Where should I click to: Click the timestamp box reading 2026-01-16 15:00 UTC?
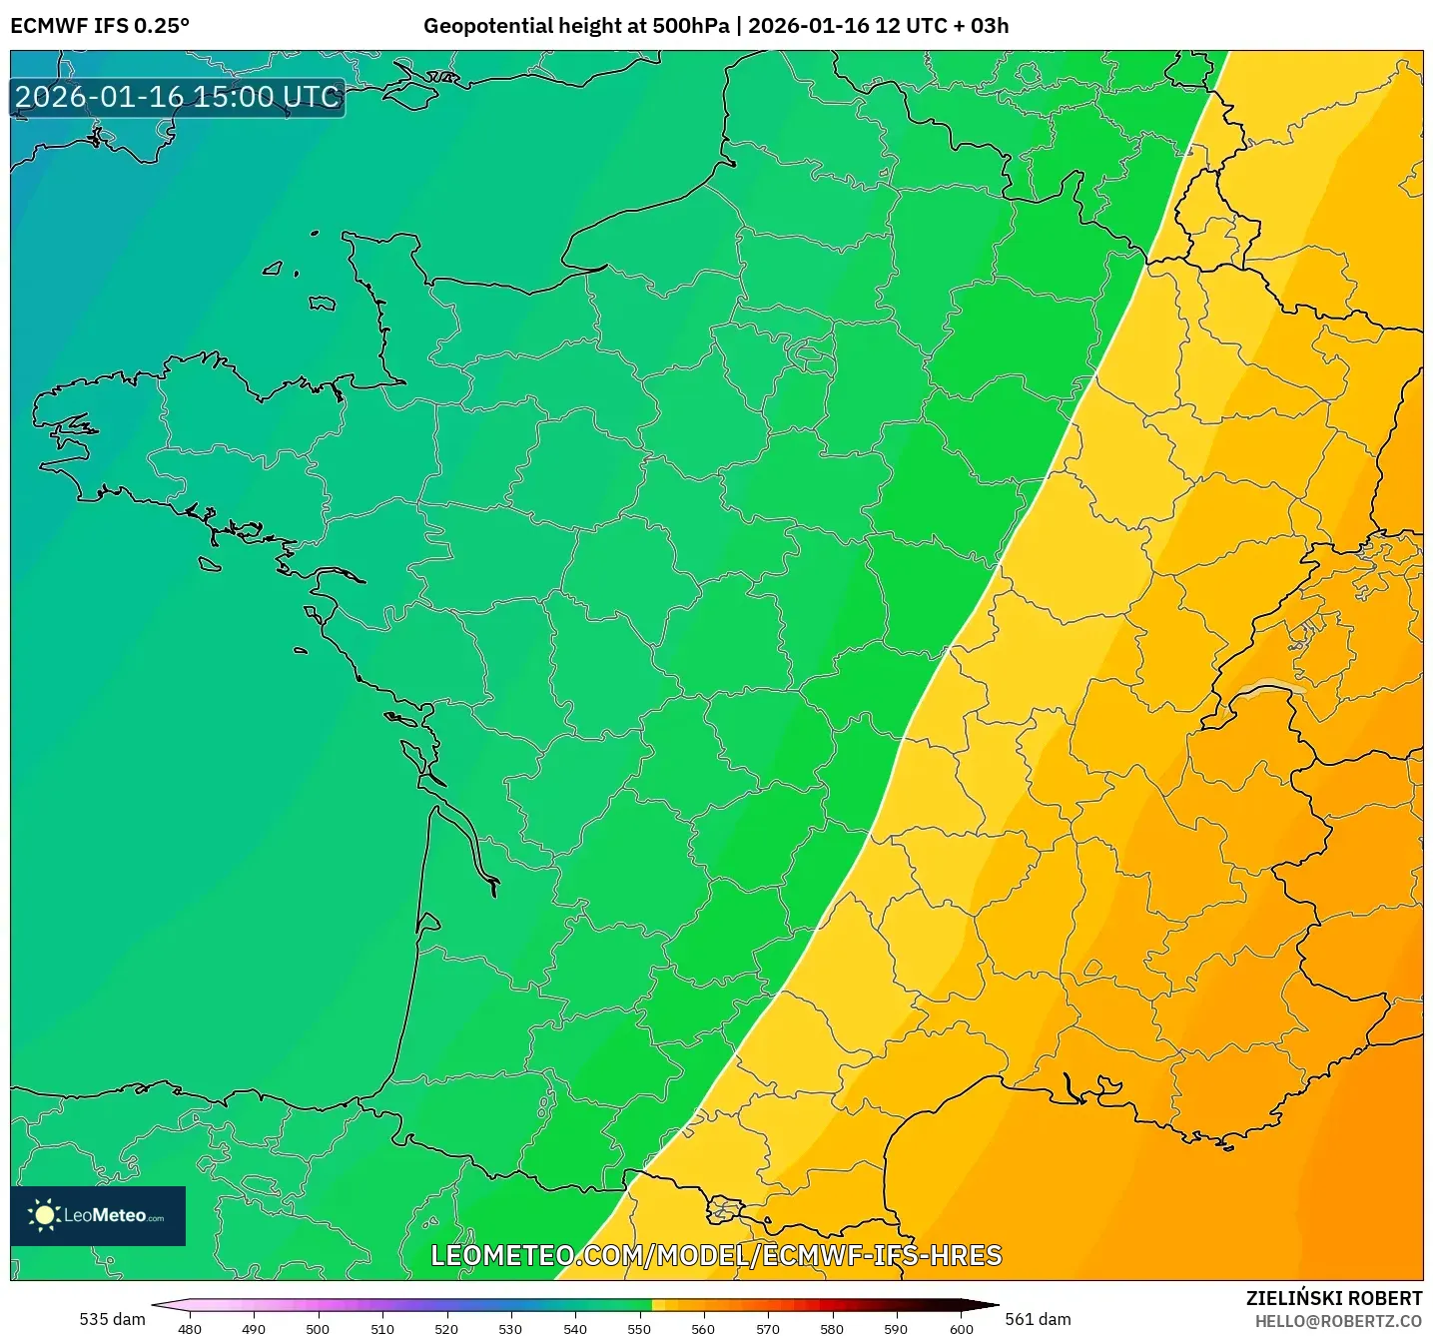178,98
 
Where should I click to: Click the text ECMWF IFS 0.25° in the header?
100,26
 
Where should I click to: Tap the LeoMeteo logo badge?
98,1215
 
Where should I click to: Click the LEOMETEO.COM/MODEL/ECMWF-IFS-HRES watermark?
716,1255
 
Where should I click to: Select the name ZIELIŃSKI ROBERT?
1334,1298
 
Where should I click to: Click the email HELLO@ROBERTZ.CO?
1338,1321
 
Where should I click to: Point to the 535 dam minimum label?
112,1319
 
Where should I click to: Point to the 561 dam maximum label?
1038,1319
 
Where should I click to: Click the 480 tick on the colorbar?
190,1328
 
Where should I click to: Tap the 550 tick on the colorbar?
639,1328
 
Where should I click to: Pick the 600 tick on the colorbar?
961,1328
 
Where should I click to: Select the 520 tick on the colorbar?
446,1328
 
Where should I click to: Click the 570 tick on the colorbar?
768,1328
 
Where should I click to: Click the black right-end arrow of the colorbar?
983,1305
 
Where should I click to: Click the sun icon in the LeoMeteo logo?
44,1215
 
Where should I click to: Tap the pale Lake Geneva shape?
1272,688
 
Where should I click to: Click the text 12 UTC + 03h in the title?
942,26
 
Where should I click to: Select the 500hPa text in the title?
690,26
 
